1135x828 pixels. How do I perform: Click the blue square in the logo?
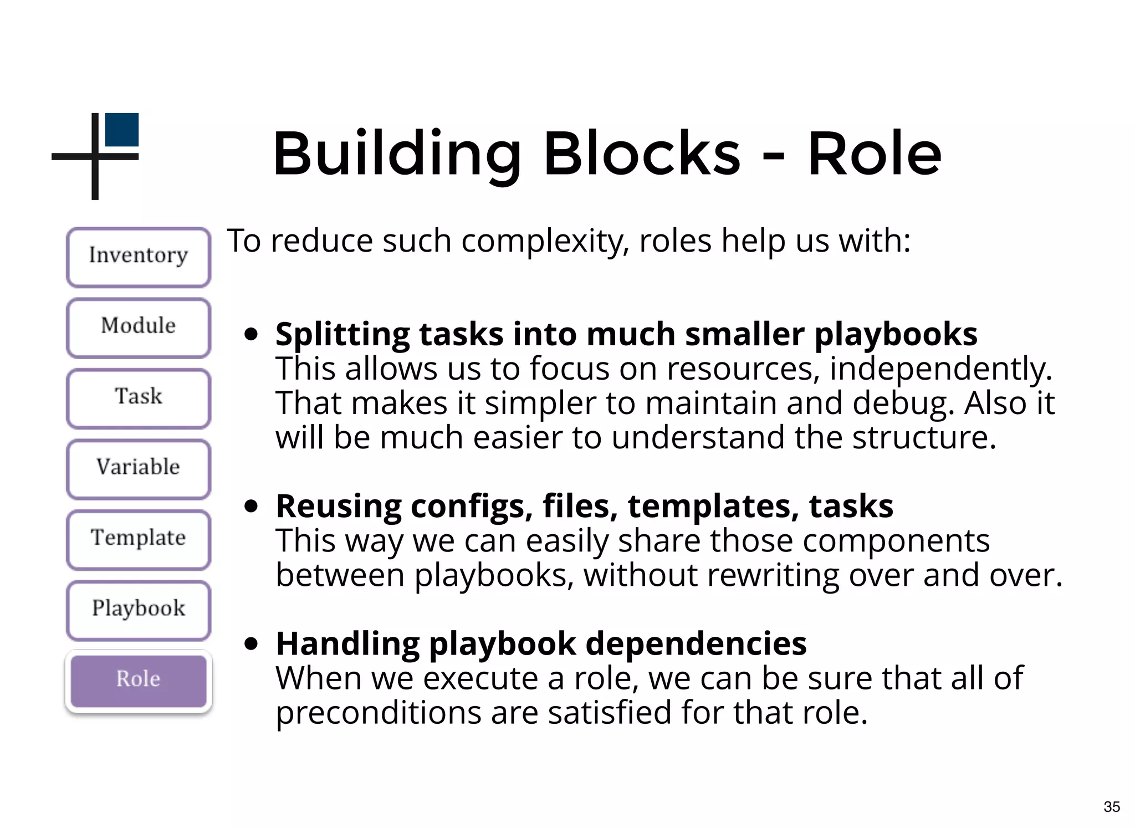[122, 130]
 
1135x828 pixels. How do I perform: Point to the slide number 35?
[1111, 807]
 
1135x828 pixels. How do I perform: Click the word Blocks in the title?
[642, 154]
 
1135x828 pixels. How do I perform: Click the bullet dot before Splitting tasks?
[252, 334]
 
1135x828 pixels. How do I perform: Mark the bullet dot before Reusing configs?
[252, 506]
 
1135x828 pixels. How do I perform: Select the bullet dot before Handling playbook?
[252, 643]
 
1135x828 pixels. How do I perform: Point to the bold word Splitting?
[342, 335]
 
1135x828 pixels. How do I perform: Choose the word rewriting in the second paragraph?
[769, 575]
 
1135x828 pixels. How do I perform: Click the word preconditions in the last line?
[379, 713]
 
